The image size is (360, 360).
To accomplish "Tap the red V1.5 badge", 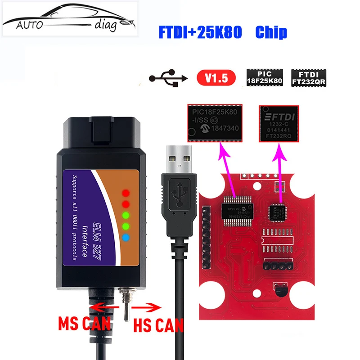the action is (216, 78).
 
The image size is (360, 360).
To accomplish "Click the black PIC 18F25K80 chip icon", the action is (264, 78).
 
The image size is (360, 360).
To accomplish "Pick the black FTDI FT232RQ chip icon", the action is (309, 78).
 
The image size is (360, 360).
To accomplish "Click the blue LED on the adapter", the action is (126, 237).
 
